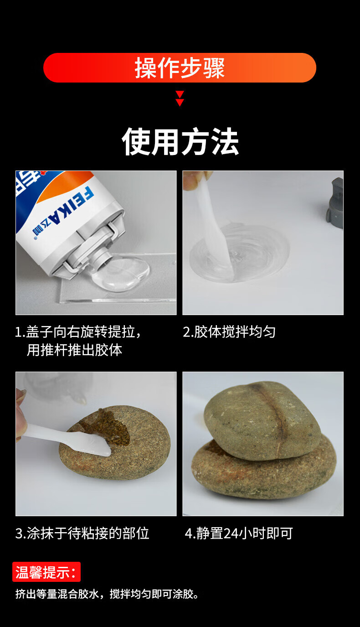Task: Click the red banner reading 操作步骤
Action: click(180, 68)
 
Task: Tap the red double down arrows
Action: click(180, 98)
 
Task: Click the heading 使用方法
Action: click(180, 142)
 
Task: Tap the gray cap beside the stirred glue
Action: click(336, 202)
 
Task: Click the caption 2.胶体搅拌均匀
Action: click(229, 332)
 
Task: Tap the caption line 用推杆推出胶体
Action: click(74, 350)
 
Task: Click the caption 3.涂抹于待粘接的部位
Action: click(82, 534)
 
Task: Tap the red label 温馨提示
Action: click(46, 572)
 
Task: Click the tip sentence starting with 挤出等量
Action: click(107, 594)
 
